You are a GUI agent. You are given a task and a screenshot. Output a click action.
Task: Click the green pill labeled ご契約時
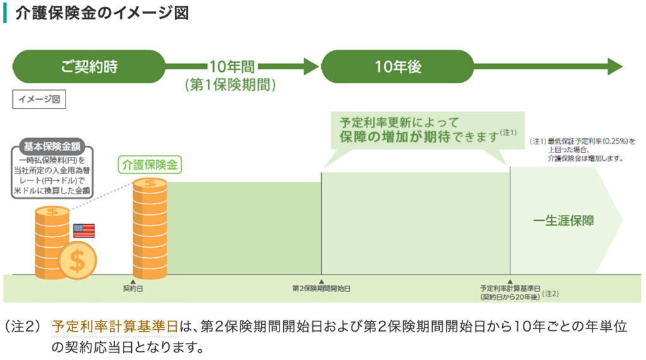tap(89, 66)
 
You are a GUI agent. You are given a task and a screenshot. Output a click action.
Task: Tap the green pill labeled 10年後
tap(397, 66)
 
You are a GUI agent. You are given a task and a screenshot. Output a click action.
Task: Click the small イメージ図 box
tap(39, 99)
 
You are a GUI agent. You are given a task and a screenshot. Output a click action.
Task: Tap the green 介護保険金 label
tap(150, 165)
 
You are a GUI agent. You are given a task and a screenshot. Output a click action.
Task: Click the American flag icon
tap(83, 230)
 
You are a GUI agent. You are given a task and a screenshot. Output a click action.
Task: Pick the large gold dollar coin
tap(76, 260)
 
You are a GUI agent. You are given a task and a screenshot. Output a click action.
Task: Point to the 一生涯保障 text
tap(563, 221)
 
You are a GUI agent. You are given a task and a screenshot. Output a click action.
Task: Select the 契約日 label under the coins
tap(132, 289)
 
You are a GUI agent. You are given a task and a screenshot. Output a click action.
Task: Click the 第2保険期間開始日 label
tap(321, 289)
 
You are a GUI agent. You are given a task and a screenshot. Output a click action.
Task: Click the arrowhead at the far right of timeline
tap(615, 66)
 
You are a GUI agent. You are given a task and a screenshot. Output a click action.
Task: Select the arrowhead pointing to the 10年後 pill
tap(311, 66)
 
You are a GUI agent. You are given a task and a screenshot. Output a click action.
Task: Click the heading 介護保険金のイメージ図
tap(102, 13)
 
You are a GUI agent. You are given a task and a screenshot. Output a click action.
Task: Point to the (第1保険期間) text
tap(230, 85)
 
